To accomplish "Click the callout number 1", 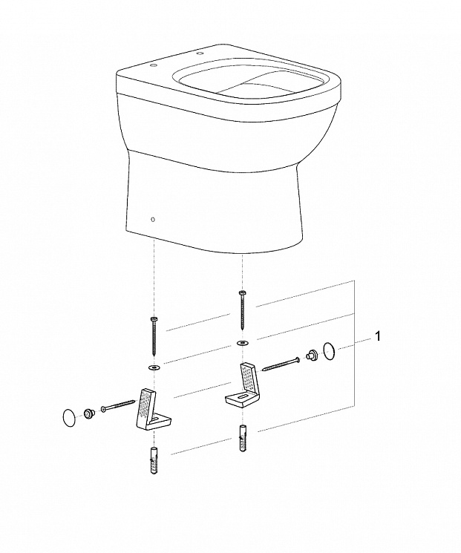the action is coord(378,336).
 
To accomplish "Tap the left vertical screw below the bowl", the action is coord(154,335).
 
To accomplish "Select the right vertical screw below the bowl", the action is coord(242,310).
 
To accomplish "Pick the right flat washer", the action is coord(242,342).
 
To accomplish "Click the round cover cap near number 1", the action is coord(330,351).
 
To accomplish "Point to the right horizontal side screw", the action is coord(281,364).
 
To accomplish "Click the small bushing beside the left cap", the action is coord(87,413).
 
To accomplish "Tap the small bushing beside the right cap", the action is coord(312,354).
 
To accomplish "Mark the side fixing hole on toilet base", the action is coord(152,220).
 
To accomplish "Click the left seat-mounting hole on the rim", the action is coord(154,65).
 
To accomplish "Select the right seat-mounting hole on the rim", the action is coord(200,53).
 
